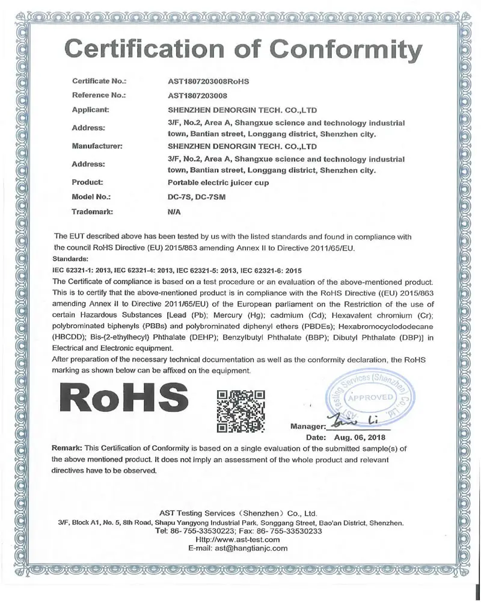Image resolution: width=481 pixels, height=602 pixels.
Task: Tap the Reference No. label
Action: [98, 95]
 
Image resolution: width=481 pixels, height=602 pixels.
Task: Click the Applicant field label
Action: [90, 110]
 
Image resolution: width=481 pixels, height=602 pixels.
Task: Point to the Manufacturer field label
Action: [97, 145]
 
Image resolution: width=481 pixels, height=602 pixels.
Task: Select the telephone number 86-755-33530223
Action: [201, 532]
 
